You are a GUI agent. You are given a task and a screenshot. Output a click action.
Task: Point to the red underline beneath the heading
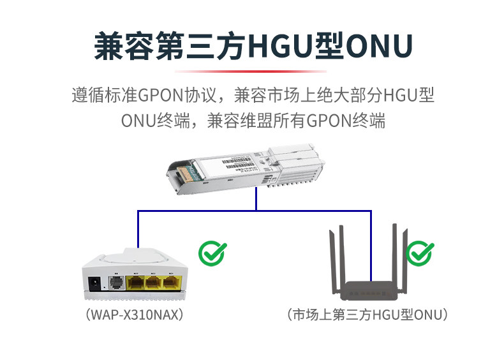click(251, 71)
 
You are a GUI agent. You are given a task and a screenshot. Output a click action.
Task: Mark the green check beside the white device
click(211, 253)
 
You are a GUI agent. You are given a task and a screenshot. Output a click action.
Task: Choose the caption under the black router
click(368, 315)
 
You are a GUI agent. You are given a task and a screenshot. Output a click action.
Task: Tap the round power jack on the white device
click(94, 282)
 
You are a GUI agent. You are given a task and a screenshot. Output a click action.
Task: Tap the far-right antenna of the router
click(404, 259)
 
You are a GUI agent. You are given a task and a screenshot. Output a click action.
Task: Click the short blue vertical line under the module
click(255, 200)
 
